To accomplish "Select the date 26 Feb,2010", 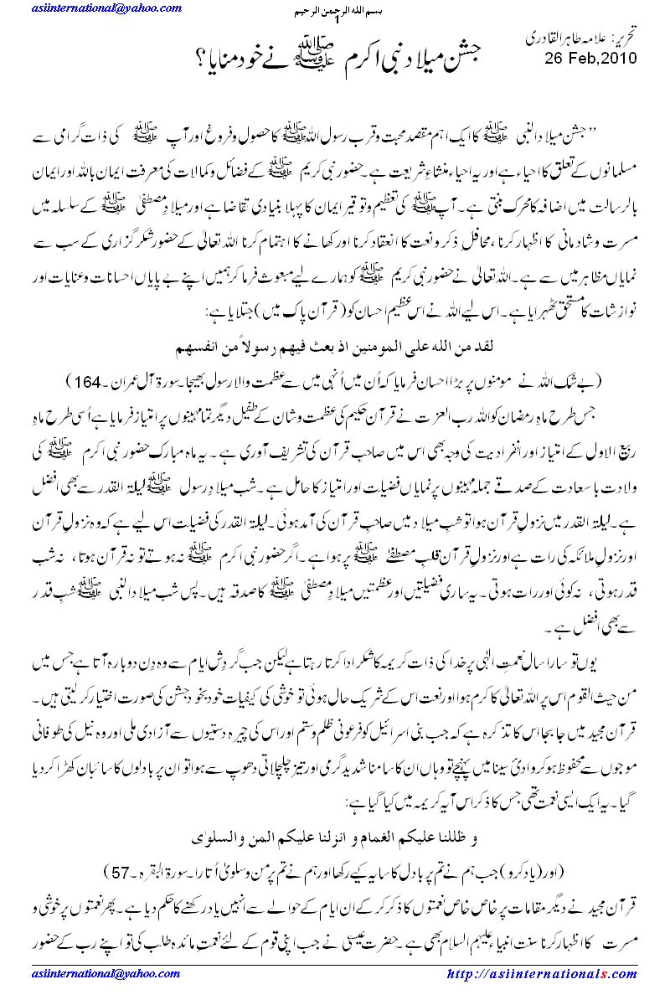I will point(590,59).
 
